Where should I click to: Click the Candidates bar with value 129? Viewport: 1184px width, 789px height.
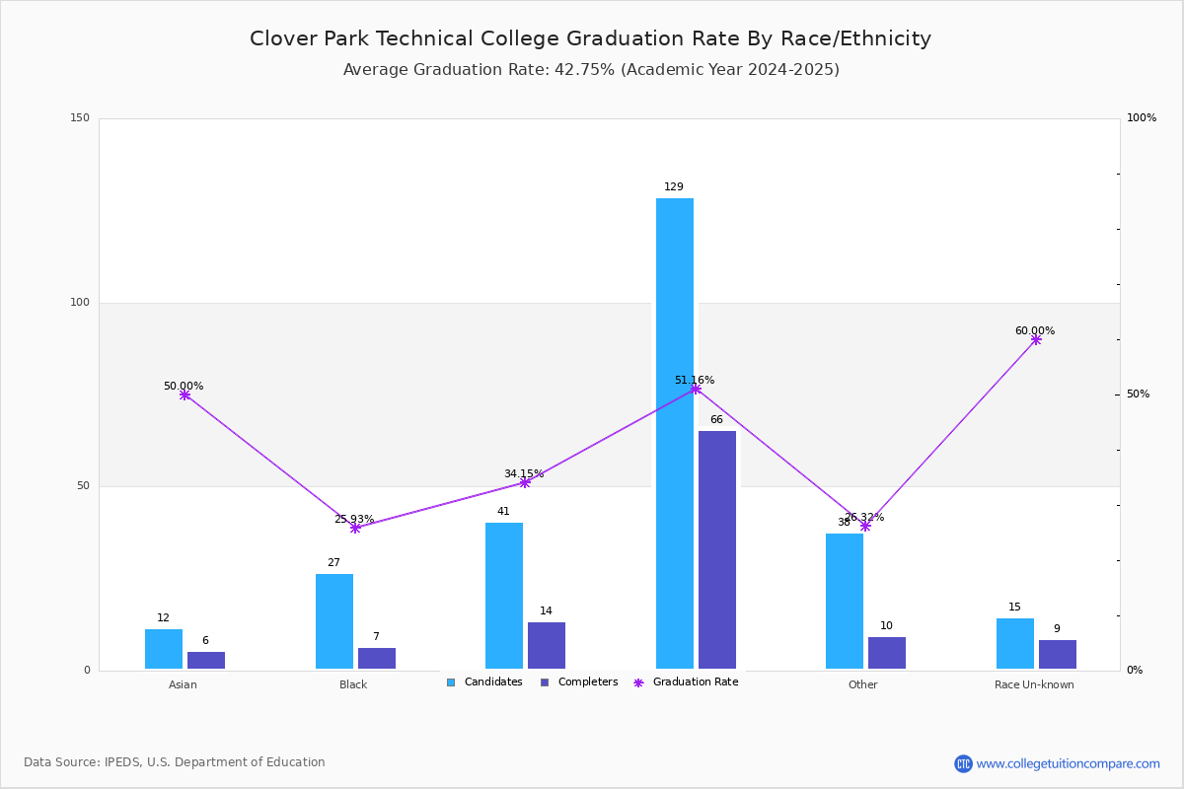(x=675, y=433)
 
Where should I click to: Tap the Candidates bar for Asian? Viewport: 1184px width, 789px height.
(x=164, y=649)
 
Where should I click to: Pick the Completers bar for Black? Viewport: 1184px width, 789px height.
(x=377, y=658)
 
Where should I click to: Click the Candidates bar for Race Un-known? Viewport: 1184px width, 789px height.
(x=1015, y=643)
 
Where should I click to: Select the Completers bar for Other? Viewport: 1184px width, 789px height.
(x=887, y=653)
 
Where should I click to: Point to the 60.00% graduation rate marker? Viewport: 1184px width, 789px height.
(x=1036, y=339)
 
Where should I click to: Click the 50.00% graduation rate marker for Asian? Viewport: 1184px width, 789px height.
(x=185, y=394)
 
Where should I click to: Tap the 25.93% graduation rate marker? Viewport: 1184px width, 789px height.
(x=355, y=528)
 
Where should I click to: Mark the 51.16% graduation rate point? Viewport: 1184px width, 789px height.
(x=696, y=389)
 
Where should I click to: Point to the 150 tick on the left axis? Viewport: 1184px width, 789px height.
(x=80, y=118)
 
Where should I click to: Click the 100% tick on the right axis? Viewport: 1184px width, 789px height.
(x=1142, y=118)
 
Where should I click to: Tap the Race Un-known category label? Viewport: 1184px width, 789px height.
(x=1034, y=684)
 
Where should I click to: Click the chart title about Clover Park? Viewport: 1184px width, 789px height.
(x=590, y=38)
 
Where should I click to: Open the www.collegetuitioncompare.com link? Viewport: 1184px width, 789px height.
(x=1068, y=763)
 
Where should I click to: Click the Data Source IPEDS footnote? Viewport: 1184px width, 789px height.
(x=175, y=762)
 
